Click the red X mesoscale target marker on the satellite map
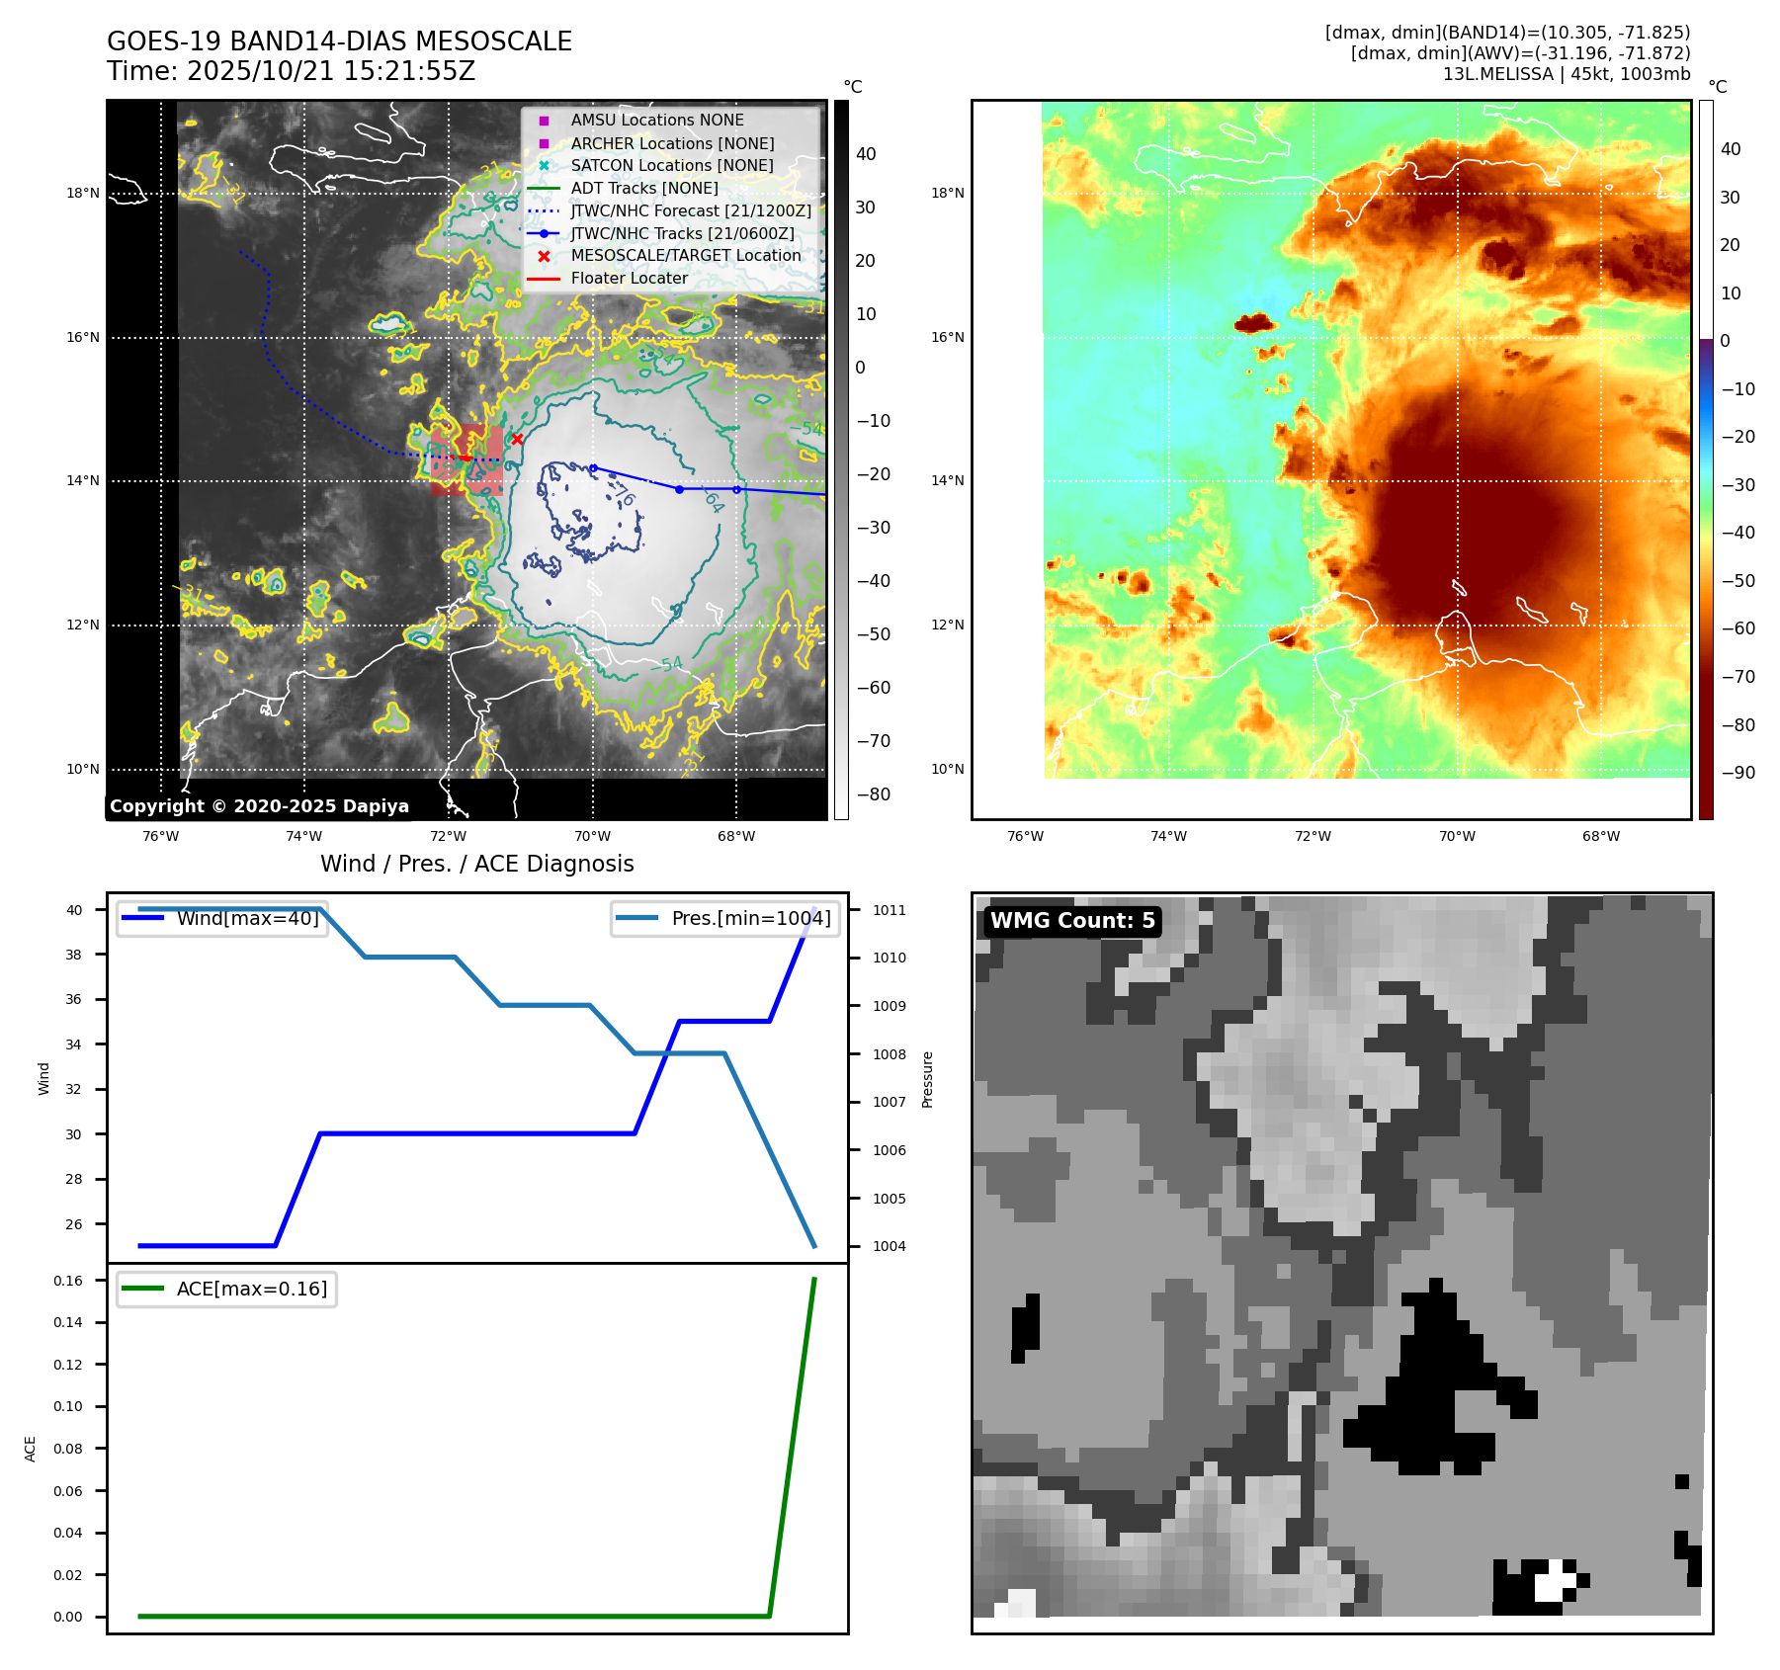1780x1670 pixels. tap(517, 439)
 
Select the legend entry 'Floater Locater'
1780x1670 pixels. tap(629, 279)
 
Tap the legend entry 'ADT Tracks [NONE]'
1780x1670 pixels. tap(644, 189)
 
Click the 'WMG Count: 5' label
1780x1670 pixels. tap(1072, 921)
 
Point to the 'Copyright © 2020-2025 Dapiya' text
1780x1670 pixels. tap(259, 806)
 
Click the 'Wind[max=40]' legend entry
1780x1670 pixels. tap(247, 919)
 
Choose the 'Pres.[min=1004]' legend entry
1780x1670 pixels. tap(751, 919)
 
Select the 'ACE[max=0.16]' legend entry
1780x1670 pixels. tap(251, 1290)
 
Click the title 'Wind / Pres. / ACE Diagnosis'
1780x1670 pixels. tap(477, 865)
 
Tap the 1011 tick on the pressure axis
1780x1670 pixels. tap(889, 911)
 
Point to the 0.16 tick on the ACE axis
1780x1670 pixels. tap(68, 1282)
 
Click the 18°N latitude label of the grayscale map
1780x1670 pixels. tap(83, 194)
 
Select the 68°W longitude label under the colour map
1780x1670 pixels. tap(1601, 837)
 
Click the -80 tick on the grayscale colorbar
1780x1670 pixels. tap(873, 794)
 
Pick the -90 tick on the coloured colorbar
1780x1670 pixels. tap(1738, 773)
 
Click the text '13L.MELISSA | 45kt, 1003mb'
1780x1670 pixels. tap(1566, 74)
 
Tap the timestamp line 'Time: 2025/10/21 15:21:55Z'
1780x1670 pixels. tap(292, 72)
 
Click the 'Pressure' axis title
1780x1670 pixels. tap(927, 1079)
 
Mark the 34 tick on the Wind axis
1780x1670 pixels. tap(74, 1044)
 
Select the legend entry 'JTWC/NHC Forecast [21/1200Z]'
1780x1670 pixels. tap(691, 211)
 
